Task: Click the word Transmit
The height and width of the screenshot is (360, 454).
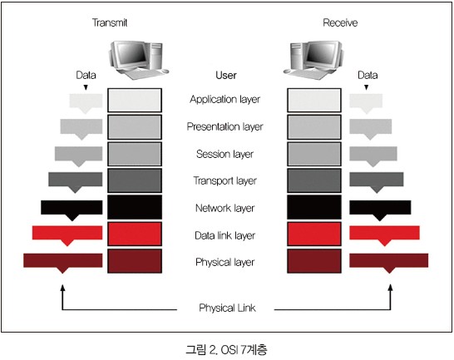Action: point(110,22)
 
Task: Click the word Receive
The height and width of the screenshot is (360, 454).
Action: point(340,22)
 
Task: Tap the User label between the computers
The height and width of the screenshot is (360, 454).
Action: point(226,76)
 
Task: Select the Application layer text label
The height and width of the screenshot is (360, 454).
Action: point(225,99)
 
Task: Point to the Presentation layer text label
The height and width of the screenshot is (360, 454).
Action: point(225,126)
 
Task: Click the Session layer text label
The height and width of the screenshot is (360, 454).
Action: point(225,154)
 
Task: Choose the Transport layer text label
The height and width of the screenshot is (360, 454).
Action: point(225,180)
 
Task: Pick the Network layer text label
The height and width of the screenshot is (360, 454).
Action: point(225,208)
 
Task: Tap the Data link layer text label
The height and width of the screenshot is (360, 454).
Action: point(225,235)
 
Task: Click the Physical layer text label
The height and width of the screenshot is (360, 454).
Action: point(225,262)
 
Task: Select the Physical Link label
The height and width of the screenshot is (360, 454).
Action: point(227,308)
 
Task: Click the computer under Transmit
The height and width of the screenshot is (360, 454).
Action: point(138,60)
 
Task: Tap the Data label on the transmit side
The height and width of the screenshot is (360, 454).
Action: point(86,76)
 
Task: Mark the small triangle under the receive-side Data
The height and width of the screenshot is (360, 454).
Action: point(366,87)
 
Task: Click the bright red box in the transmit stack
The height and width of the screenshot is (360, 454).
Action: point(135,234)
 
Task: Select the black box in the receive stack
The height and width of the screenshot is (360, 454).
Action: point(314,207)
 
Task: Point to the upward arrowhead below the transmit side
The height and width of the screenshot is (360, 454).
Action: point(62,287)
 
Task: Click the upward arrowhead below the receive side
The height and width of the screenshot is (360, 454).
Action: point(391,287)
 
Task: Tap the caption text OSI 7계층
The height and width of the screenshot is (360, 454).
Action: point(244,350)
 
